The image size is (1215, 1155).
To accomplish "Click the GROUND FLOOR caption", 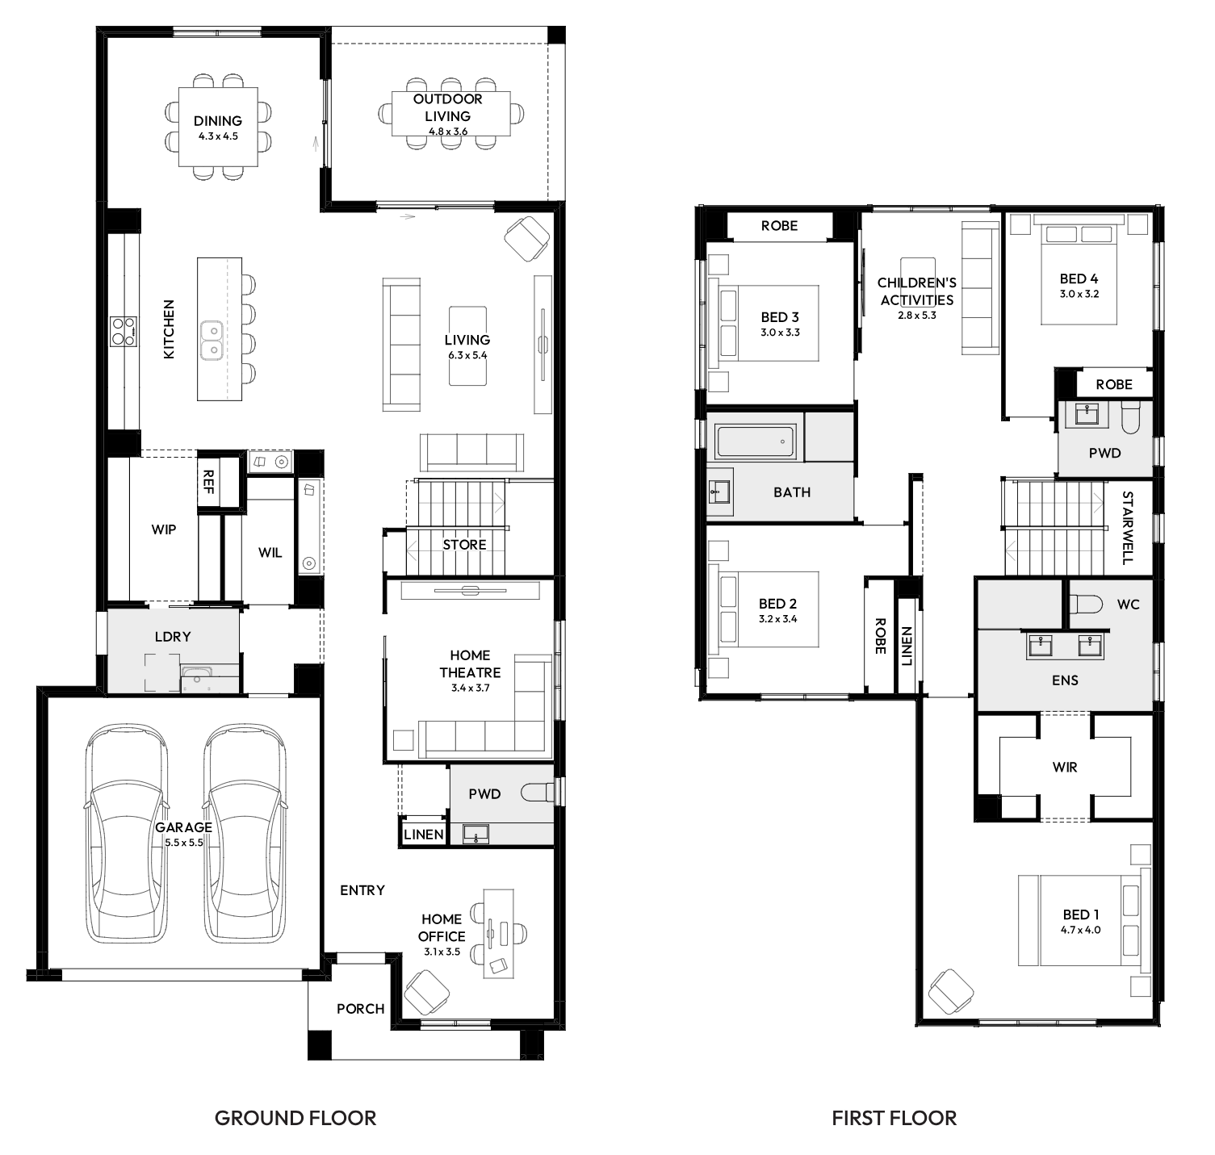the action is [295, 1118].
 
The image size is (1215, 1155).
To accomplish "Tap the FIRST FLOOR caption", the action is [894, 1118].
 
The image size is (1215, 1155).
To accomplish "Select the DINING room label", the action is [218, 121].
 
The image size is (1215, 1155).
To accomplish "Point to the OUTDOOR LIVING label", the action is [448, 107].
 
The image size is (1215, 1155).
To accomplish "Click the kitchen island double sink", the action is [212, 339].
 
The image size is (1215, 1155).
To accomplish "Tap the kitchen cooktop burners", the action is [124, 330].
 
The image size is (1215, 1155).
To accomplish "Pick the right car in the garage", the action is [245, 833].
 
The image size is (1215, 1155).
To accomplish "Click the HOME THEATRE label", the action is [470, 663].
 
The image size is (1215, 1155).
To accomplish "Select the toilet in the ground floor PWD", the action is [538, 793].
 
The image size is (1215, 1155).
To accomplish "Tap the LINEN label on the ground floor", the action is [424, 835].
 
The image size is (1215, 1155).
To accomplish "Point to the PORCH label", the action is [361, 1008].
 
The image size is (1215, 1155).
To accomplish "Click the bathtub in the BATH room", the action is [756, 442].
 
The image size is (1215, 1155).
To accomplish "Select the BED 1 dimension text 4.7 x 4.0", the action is [1082, 930].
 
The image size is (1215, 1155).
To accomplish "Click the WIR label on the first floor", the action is [1065, 767].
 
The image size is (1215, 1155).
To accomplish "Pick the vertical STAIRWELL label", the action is [1128, 528].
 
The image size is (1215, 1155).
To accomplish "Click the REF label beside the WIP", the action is [208, 482].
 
